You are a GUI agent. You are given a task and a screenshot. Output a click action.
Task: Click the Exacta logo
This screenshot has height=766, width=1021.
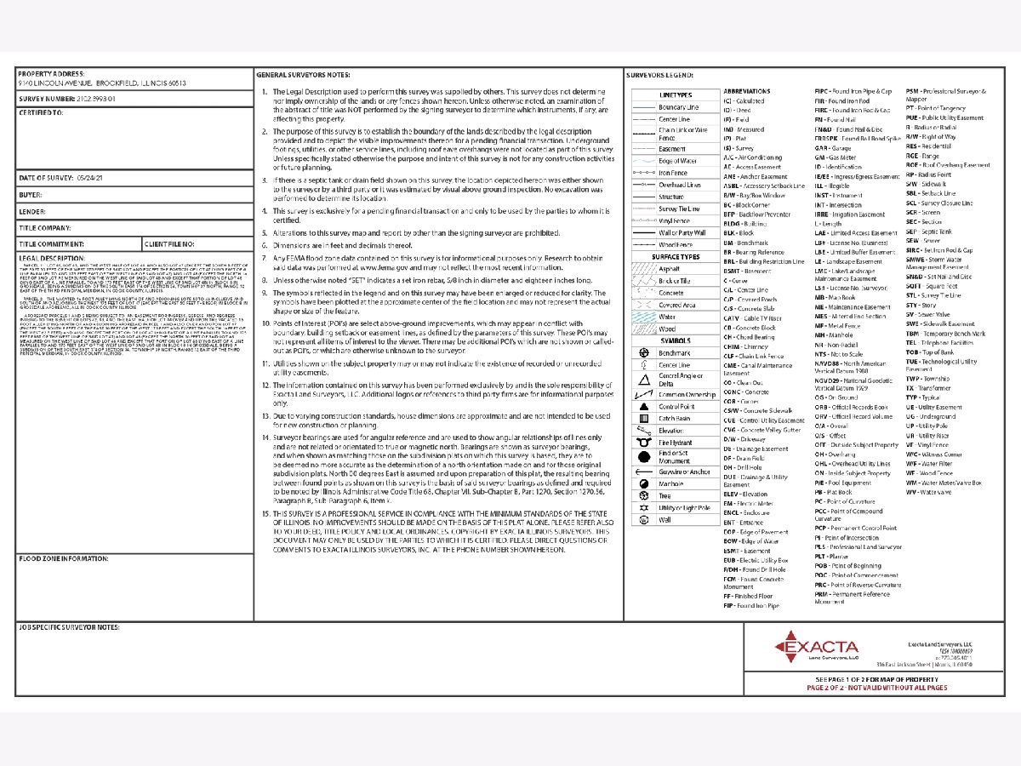[x=798, y=648]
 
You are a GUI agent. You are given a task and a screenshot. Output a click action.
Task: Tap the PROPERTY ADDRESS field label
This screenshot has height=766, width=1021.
[x=49, y=74]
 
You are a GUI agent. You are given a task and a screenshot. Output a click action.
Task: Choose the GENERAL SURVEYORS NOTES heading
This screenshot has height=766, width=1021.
[x=302, y=75]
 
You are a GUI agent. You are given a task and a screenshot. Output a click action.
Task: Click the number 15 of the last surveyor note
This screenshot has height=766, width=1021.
[x=265, y=513]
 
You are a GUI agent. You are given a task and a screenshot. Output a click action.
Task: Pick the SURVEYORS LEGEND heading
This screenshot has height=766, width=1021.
[x=659, y=75]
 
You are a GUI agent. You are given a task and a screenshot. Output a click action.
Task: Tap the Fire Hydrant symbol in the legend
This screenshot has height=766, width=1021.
[x=643, y=443]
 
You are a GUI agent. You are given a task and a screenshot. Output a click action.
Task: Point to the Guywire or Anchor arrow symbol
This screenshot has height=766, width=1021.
[x=643, y=472]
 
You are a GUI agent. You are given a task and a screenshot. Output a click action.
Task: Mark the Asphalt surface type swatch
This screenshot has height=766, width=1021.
[x=643, y=267]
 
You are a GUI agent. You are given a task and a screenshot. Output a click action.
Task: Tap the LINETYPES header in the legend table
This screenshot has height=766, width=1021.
[x=676, y=94]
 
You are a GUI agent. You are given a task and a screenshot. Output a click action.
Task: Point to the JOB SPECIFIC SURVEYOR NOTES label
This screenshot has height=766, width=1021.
[x=69, y=627]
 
